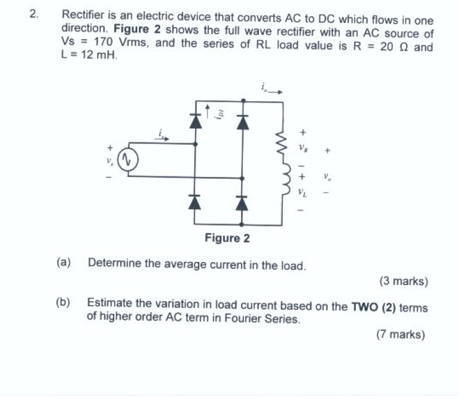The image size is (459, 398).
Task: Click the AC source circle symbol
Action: click(127, 160)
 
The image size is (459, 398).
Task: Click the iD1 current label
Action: click(218, 114)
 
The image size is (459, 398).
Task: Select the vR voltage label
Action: click(302, 149)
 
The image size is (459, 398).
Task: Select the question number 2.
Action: click(34, 14)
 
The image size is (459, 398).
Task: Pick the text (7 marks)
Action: click(401, 335)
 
